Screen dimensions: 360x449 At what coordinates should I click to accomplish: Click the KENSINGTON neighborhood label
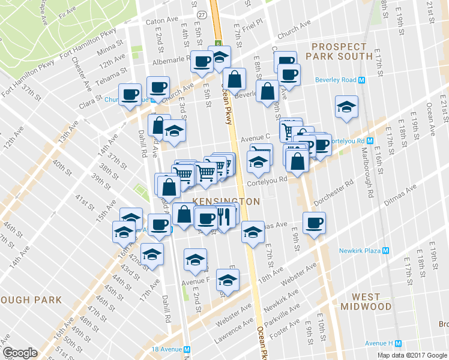tap(226, 202)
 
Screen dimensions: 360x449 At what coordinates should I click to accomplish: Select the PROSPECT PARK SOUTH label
tap(339, 51)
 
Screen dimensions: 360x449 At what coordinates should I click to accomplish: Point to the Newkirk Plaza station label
tap(360, 251)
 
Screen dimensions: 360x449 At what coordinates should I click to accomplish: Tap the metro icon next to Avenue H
tap(397, 343)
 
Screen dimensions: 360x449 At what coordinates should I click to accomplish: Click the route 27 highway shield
tap(202, 14)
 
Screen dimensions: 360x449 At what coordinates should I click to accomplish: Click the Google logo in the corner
tap(20, 353)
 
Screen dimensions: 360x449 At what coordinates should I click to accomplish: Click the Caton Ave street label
tap(162, 20)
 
